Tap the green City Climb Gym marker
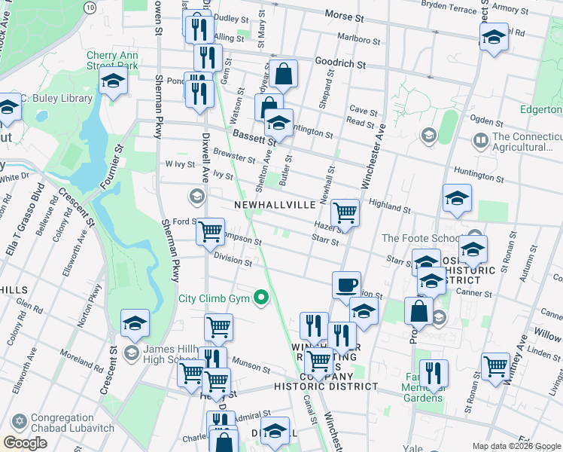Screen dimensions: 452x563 (262, 298)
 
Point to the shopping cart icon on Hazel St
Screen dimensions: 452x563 (345, 212)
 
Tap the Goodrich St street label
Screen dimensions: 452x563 (340, 64)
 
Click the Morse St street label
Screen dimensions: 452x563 (344, 15)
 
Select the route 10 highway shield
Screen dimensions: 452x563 (90, 7)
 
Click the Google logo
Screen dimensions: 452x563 (25, 443)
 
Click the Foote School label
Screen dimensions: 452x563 (418, 238)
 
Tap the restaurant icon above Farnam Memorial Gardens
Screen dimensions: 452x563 (434, 372)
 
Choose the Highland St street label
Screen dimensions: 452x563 (389, 208)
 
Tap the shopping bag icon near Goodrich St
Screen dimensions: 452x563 (285, 74)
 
